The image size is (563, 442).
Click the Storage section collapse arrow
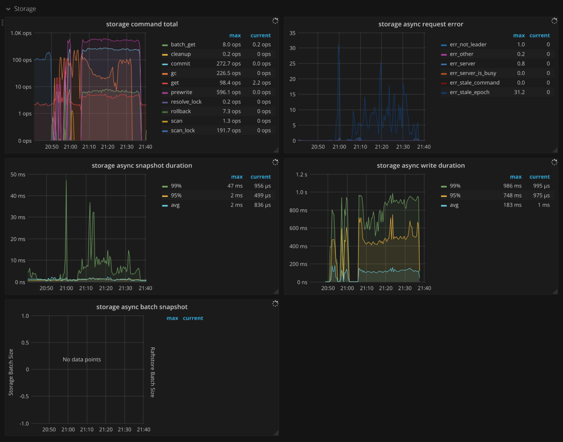click(8, 9)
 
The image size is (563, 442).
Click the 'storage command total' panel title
click(142, 24)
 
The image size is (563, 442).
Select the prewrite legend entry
click(181, 92)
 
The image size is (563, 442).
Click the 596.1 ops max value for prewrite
click(228, 92)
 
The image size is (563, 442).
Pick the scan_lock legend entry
click(183, 131)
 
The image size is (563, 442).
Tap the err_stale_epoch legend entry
click(469, 92)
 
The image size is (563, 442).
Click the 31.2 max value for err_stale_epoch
click(519, 92)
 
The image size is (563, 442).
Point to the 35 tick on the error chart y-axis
click(292, 33)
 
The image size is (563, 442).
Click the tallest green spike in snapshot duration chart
click(66, 181)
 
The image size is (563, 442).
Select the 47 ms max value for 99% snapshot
click(235, 186)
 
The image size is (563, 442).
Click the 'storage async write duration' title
click(420, 165)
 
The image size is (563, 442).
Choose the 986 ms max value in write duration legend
click(512, 186)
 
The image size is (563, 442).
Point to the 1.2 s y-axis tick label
click(302, 175)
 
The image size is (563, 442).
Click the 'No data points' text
click(82, 360)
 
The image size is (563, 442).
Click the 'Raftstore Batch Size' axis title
click(152, 372)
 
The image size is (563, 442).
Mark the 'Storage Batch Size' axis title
click(11, 372)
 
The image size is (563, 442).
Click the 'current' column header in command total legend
click(261, 35)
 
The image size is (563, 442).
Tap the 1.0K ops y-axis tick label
click(21, 33)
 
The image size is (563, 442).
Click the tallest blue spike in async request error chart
click(339, 45)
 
